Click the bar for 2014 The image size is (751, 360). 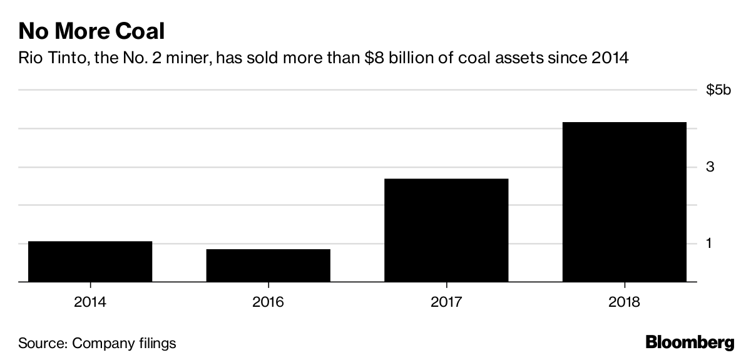point(90,261)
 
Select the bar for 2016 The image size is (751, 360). point(268,265)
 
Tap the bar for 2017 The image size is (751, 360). point(446,230)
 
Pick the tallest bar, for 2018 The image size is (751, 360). point(624,202)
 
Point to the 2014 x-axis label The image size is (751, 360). point(90,302)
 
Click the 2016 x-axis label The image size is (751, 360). point(268,302)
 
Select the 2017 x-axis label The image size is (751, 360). point(446,302)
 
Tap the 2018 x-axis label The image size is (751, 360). point(624,302)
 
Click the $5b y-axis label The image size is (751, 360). point(718,90)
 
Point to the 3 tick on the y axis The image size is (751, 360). point(710,167)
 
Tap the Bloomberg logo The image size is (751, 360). point(690,342)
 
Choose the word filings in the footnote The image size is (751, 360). point(156,343)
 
